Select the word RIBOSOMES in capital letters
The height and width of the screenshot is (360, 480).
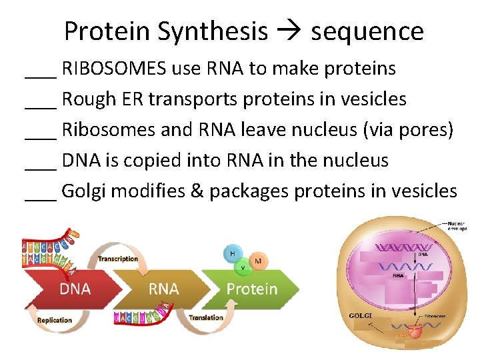(115, 69)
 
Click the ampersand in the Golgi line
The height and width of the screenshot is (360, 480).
(199, 191)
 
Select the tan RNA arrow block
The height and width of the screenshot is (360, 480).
(163, 289)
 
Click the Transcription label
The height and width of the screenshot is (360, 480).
(118, 259)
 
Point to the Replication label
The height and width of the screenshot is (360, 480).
(55, 321)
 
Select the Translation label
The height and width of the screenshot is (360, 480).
(205, 318)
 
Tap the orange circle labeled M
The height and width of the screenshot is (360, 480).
(258, 261)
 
